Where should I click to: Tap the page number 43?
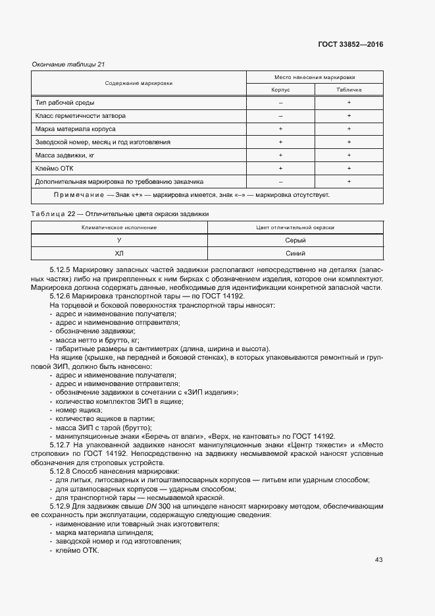tap(378, 560)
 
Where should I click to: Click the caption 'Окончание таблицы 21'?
tap(68, 64)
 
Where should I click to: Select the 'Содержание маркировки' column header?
tap(139, 84)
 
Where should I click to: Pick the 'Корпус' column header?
tap(280, 90)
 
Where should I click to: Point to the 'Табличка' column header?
tap(349, 90)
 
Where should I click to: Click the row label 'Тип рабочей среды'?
tap(64, 103)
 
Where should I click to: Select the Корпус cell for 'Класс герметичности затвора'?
tap(280, 116)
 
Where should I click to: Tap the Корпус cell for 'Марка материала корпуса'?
tap(280, 129)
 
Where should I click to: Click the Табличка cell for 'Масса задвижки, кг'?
tap(349, 155)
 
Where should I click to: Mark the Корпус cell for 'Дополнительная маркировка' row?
tap(280, 181)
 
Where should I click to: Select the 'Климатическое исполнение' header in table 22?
tap(119, 227)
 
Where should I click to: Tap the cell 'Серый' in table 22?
tap(295, 240)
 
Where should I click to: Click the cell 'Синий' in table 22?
tap(295, 253)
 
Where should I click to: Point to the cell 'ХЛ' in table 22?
tap(119, 253)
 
